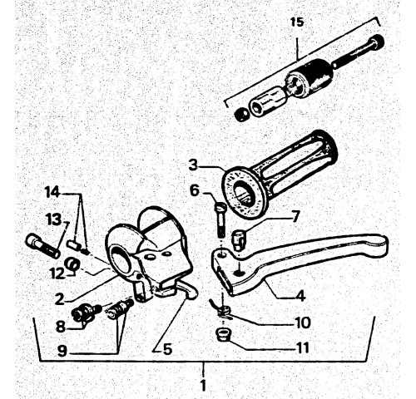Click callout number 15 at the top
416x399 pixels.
coord(297,22)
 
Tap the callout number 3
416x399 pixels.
coord(193,165)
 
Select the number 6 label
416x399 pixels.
coord(195,190)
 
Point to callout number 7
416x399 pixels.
coord(295,216)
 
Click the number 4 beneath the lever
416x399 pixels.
coord(300,296)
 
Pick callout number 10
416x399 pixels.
coord(303,323)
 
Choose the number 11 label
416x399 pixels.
coord(302,347)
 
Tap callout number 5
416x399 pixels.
coord(167,349)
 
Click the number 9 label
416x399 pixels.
coord(62,351)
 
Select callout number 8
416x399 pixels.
coord(61,327)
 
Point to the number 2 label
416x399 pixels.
coord(60,299)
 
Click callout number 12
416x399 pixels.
coord(57,274)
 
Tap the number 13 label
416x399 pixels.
coord(53,220)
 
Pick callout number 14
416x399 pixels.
coord(52,192)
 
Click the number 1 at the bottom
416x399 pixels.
coord(204,386)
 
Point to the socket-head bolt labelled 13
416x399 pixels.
coord(43,246)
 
